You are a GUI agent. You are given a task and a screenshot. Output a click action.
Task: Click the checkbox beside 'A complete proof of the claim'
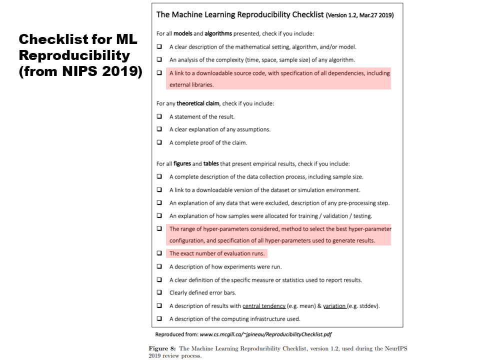pos(159,142)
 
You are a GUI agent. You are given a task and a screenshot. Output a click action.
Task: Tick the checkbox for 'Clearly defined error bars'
pos(159,292)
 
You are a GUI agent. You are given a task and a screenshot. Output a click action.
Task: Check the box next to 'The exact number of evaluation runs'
pos(159,253)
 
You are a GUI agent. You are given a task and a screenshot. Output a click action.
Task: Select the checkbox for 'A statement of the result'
pos(159,116)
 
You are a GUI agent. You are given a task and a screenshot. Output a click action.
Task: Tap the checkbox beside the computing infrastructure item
pos(159,318)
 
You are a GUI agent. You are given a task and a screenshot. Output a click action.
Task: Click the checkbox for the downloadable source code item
pos(159,73)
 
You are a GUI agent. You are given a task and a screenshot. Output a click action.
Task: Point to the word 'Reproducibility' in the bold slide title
pos(74,55)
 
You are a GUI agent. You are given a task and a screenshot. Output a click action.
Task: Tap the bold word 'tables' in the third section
pos(211,163)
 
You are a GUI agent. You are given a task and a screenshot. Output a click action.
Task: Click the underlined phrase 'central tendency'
pos(264,305)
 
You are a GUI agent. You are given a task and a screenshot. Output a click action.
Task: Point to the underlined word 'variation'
pos(334,305)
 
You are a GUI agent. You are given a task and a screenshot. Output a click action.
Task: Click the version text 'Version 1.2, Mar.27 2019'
pos(359,15)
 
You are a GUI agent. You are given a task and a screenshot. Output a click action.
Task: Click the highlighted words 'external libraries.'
pos(191,85)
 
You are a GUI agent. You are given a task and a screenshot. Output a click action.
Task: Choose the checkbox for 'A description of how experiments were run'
pos(159,266)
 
